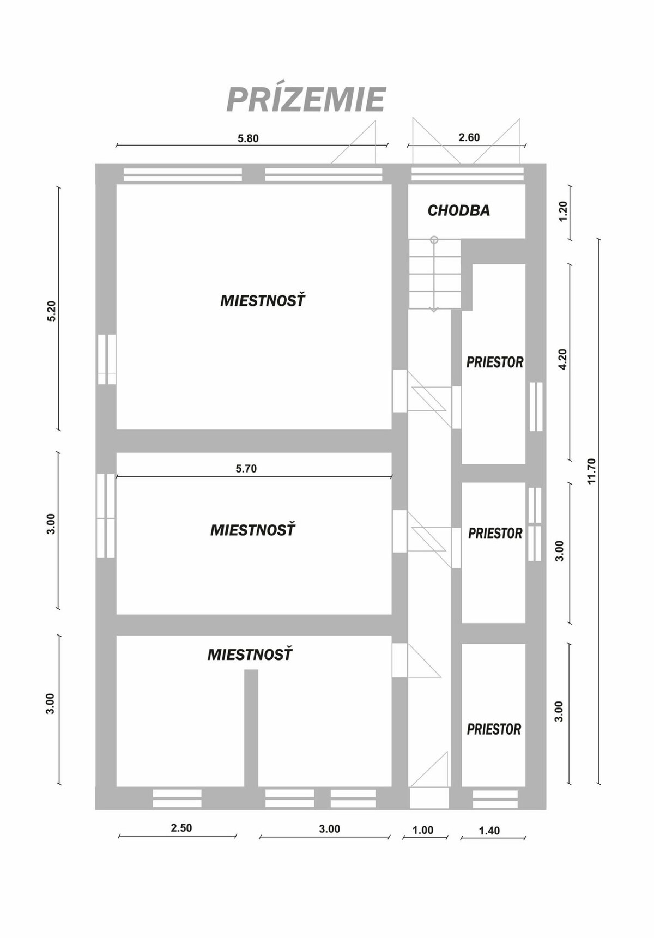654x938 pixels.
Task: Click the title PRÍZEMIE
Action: [x=306, y=100]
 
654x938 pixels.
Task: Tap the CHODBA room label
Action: [x=458, y=210]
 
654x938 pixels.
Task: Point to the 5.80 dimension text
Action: [x=248, y=138]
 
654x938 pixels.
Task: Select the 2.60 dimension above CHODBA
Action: [x=469, y=137]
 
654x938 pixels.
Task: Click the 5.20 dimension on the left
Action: [x=52, y=311]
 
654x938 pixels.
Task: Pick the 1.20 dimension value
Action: [x=564, y=211]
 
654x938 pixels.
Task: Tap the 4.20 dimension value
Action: [x=564, y=359]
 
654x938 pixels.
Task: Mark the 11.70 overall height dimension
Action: [x=592, y=471]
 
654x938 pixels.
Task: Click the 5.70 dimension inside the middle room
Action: [x=246, y=469]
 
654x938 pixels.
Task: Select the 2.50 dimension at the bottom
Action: [x=181, y=828]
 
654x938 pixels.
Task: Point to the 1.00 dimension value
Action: [x=423, y=830]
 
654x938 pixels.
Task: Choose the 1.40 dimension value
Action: [x=489, y=831]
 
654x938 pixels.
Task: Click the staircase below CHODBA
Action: [x=434, y=274]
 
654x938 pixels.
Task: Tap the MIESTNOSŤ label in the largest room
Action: [x=263, y=301]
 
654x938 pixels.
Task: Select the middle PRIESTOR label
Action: [x=495, y=533]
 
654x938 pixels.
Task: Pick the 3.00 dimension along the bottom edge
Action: [x=329, y=829]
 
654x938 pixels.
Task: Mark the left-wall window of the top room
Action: [x=107, y=359]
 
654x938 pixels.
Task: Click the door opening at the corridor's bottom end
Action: [x=429, y=798]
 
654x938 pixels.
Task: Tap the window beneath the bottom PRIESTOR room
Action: [x=495, y=798]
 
